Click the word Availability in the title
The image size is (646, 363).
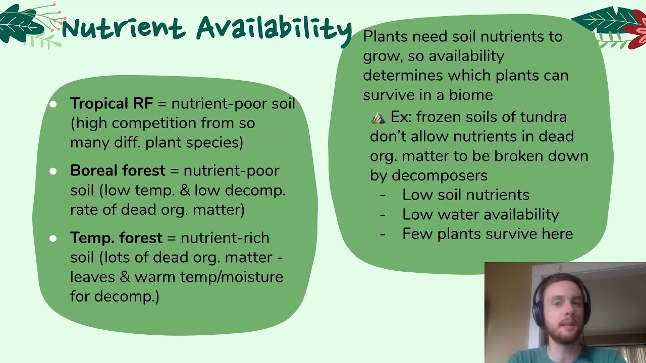274,28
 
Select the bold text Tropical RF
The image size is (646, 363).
112,103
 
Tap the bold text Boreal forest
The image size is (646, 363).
118,170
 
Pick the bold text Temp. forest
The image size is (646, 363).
116,237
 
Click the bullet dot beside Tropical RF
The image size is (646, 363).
53,104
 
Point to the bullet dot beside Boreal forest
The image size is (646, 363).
53,171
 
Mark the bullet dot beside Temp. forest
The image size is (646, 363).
53,238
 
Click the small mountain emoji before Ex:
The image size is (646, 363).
378,117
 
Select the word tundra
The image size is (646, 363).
543,117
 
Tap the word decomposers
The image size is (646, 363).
439,175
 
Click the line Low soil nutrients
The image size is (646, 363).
465,195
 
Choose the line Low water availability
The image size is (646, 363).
480,214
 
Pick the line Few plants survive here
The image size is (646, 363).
487,234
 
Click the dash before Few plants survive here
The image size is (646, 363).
383,234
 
